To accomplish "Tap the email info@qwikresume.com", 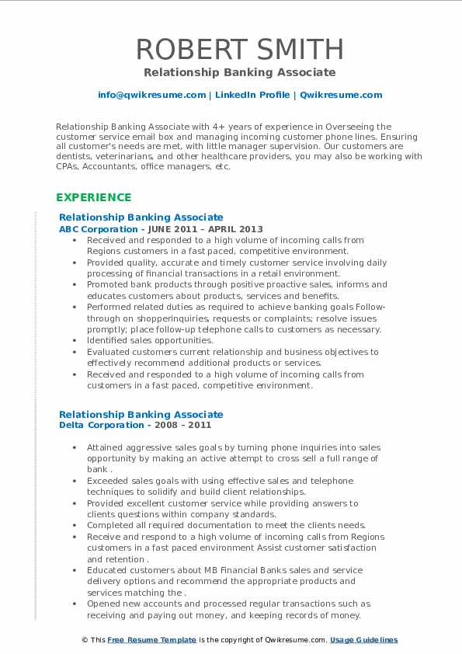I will coord(152,95).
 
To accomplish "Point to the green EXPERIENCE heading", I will coord(93,197).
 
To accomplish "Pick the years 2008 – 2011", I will coord(182,425).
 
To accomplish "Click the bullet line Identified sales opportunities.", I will coord(150,340).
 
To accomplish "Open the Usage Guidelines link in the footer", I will coord(363,640).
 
